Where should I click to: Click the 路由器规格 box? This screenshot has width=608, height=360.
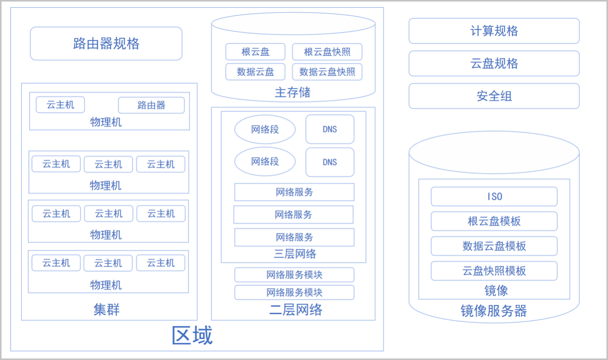pyautogui.click(x=106, y=44)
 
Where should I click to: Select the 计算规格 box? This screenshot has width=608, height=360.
pyautogui.click(x=494, y=31)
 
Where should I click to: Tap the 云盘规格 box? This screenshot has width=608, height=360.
pyautogui.click(x=494, y=63)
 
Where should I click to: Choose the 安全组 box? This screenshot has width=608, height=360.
pyautogui.click(x=494, y=96)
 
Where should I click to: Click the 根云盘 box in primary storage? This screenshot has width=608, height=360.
pyautogui.click(x=255, y=52)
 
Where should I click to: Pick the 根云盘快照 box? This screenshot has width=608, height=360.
pyautogui.click(x=327, y=52)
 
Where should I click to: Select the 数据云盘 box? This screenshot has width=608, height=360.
pyautogui.click(x=255, y=72)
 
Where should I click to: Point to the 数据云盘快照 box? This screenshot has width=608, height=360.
pyautogui.click(x=327, y=72)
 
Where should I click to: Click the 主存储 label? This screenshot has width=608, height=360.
pyautogui.click(x=293, y=92)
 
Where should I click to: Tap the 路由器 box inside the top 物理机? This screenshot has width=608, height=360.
pyautogui.click(x=151, y=105)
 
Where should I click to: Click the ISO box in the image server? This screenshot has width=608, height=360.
pyautogui.click(x=494, y=196)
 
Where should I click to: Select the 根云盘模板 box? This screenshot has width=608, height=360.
pyautogui.click(x=494, y=221)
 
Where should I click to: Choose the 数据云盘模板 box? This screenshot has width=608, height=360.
pyautogui.click(x=494, y=246)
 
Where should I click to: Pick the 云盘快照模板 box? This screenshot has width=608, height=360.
pyautogui.click(x=494, y=271)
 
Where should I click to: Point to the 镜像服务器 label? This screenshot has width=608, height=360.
pyautogui.click(x=493, y=310)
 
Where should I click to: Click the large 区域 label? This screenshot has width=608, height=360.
pyautogui.click(x=192, y=335)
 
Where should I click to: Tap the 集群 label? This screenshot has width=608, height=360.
pyautogui.click(x=106, y=309)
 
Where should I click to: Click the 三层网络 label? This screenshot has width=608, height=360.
pyautogui.click(x=295, y=254)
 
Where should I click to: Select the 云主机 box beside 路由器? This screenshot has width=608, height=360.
pyautogui.click(x=60, y=105)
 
